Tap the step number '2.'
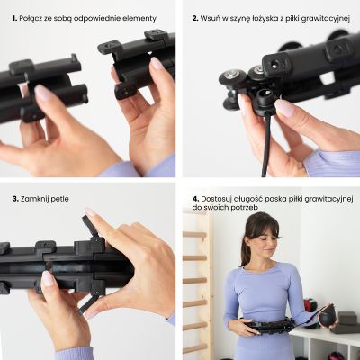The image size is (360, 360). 195,18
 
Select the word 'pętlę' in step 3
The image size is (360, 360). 60,198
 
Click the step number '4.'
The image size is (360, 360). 195,197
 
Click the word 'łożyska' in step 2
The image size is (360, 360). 267,18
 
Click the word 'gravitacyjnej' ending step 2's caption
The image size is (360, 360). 325,18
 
